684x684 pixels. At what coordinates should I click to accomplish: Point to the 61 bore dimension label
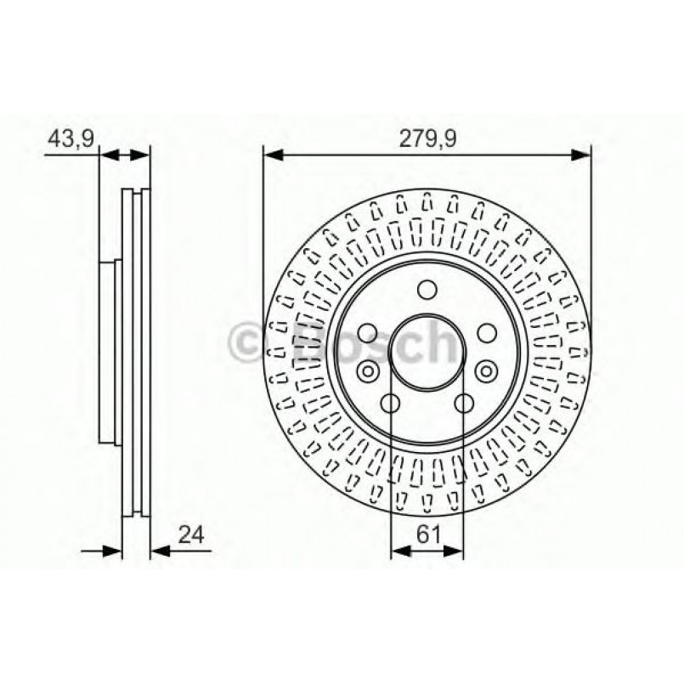pos(427,534)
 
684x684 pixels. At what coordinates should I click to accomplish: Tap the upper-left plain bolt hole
pos(368,332)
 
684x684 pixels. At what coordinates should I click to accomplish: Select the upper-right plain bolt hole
pos(487,332)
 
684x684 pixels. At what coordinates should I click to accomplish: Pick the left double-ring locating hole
pos(368,370)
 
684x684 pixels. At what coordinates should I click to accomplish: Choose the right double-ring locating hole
pos(487,370)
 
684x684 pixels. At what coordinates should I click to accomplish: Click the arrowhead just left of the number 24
pos(158,551)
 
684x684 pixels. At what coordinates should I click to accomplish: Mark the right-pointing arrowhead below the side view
pos(114,551)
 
